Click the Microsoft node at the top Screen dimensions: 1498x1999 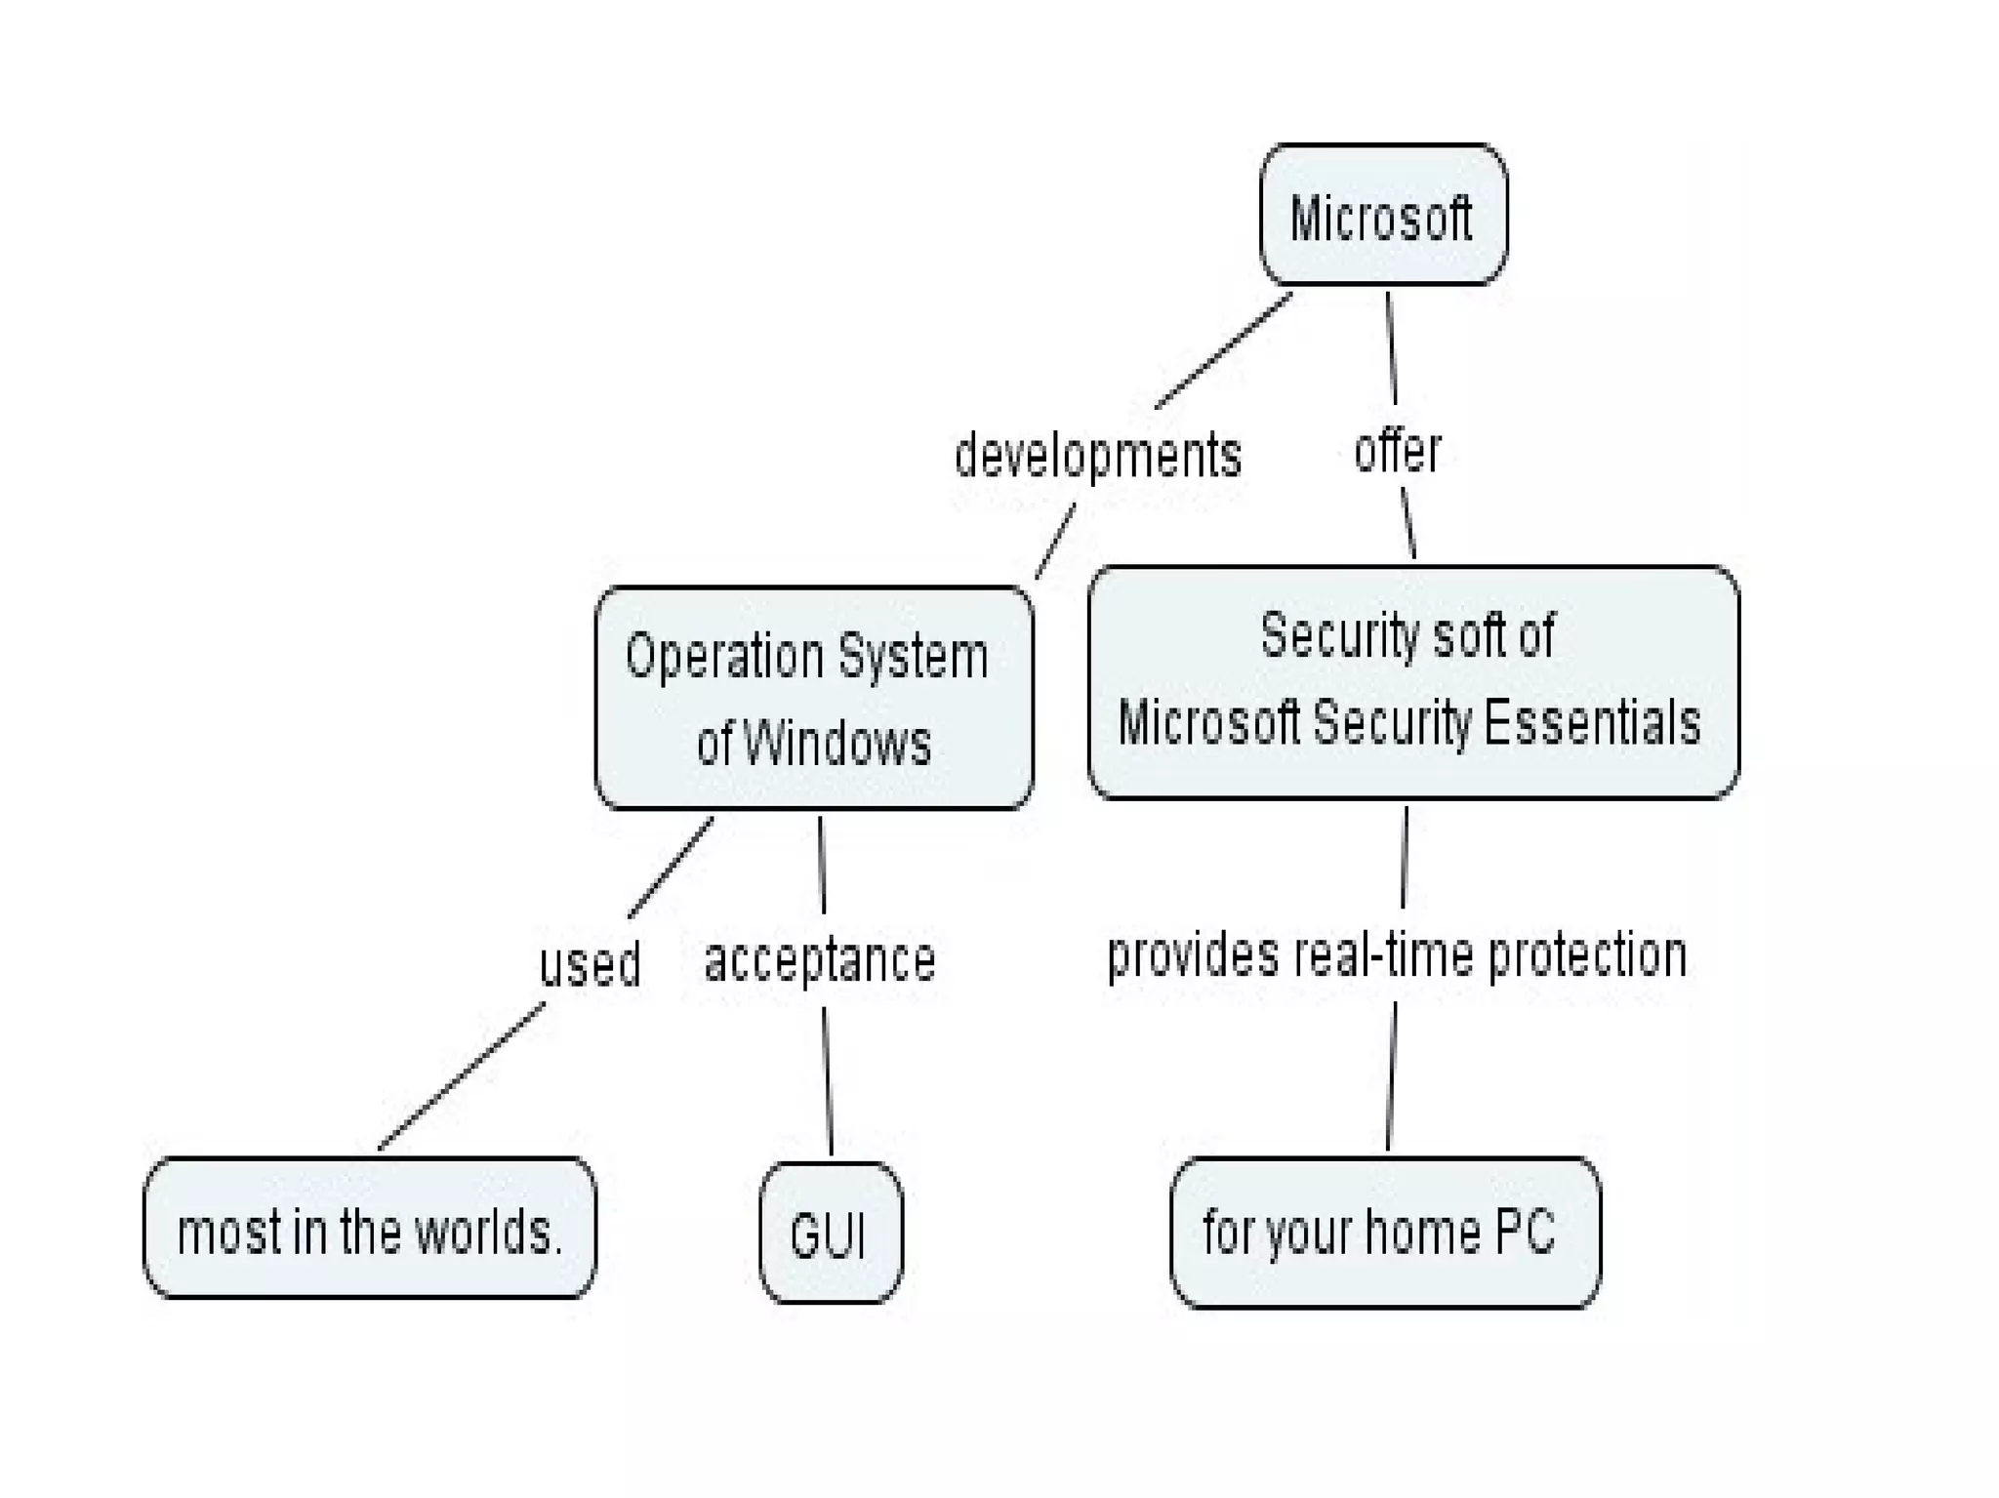click(1382, 216)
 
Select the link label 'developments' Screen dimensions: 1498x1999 click(1097, 456)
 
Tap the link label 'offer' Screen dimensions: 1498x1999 click(1397, 451)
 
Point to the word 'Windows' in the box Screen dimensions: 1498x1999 click(836, 743)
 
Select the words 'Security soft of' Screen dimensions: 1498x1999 click(1407, 635)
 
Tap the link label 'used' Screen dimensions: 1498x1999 click(590, 963)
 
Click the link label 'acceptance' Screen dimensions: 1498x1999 click(819, 960)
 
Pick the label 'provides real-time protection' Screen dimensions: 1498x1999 click(1396, 954)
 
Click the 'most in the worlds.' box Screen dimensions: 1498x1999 click(369, 1230)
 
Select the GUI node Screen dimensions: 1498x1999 click(830, 1234)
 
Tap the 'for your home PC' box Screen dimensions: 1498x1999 click(1384, 1232)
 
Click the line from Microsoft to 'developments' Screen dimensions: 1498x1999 click(1223, 351)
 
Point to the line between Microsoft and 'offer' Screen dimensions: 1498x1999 click(1391, 347)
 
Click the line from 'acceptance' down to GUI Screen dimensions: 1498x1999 click(828, 1081)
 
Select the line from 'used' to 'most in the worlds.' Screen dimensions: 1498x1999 click(460, 1076)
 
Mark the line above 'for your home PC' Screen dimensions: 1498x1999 click(1391, 1076)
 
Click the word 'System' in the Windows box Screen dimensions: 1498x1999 click(913, 657)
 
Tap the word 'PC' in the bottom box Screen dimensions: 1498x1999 click(1525, 1232)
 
